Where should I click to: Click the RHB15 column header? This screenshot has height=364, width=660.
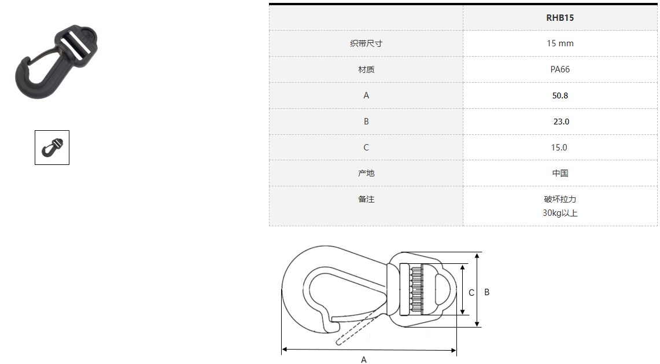point(560,18)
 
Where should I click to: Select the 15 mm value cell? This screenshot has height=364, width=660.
point(560,43)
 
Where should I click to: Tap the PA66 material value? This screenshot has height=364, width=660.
point(560,69)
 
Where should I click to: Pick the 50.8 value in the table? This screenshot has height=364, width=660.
point(560,95)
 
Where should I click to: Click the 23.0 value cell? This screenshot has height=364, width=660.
point(561,122)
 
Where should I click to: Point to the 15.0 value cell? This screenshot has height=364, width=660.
point(559,148)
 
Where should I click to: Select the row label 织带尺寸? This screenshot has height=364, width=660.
point(366,43)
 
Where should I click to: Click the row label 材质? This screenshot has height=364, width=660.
point(366,69)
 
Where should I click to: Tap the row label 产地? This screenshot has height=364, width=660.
point(366,173)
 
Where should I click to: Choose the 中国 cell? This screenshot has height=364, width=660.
point(561,173)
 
